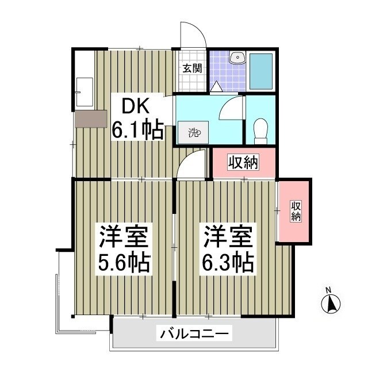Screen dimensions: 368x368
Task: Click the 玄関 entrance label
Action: coord(192,68)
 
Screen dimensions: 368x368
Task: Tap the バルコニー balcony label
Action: coord(195,333)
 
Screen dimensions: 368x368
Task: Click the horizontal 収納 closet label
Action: coord(243,163)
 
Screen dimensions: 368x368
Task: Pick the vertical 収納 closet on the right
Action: coord(295,211)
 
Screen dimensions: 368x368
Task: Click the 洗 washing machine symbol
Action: coord(193,133)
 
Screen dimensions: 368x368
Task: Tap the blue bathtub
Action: coord(261,70)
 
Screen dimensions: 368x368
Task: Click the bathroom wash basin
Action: coord(236,57)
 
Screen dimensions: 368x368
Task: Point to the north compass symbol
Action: coord(331,303)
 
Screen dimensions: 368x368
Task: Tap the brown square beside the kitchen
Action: coord(90,118)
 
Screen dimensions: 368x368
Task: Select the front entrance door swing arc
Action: coord(194,34)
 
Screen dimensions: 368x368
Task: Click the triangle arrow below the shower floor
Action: coord(217,87)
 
